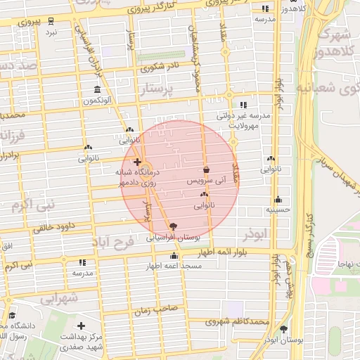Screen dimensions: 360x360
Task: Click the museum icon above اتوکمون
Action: (97, 89)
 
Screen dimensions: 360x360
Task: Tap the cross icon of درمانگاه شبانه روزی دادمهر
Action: (137, 162)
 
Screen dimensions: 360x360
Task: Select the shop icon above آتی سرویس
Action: (206, 169)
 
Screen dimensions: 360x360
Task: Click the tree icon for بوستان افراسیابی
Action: (173, 226)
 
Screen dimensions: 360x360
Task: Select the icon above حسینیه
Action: (278, 199)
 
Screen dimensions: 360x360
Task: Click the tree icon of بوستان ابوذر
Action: (284, 328)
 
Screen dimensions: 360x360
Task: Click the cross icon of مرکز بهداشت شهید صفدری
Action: (82, 326)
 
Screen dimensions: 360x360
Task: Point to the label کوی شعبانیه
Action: (330, 88)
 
